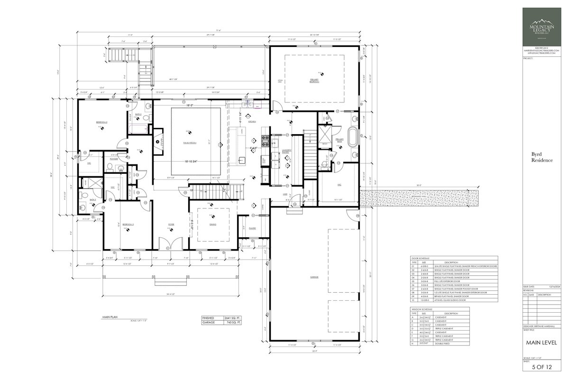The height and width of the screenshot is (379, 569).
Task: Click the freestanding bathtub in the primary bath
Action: (354, 136)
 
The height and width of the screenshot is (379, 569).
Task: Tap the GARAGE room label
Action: (314, 277)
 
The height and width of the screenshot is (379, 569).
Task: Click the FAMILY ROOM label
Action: (190, 142)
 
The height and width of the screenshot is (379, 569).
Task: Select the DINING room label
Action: (213, 225)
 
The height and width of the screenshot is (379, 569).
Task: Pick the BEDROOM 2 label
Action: (101, 122)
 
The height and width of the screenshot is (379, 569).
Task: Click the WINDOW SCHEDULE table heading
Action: (421, 309)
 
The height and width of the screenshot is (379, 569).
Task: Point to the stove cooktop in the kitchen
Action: (266, 140)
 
